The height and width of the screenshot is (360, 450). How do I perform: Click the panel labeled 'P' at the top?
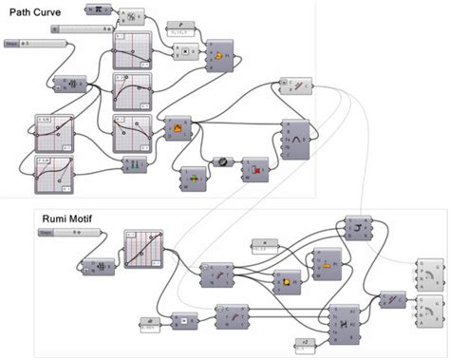(x=181, y=26)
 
